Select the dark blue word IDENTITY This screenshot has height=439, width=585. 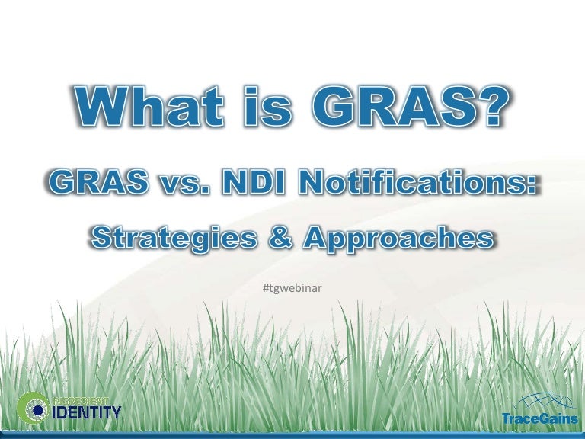click(x=86, y=414)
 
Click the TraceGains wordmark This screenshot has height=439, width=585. click(x=539, y=417)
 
